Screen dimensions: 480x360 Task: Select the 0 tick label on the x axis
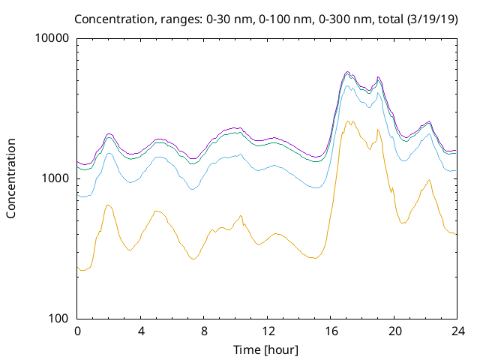[x=77, y=331]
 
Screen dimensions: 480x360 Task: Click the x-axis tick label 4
[x=140, y=331]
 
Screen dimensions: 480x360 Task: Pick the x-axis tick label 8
[x=204, y=331]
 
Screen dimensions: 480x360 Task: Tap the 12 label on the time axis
[x=267, y=331]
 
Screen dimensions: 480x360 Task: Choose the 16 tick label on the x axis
[x=331, y=331]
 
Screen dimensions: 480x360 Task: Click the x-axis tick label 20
[x=394, y=331]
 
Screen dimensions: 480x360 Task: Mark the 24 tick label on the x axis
[x=457, y=331]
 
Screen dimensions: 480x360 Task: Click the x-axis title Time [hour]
[x=265, y=349]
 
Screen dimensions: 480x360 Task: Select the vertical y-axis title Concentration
[x=11, y=178]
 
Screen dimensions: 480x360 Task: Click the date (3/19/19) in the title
[x=432, y=19]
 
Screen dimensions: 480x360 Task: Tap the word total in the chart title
[x=391, y=19]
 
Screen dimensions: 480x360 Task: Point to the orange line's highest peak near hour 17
[x=348, y=121]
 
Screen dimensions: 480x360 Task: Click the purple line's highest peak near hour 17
[x=347, y=72]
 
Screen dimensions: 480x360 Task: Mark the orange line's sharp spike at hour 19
[x=378, y=129]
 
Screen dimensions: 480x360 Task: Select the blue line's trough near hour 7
[x=192, y=190]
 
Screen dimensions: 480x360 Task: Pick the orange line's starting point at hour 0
[x=77, y=267]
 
